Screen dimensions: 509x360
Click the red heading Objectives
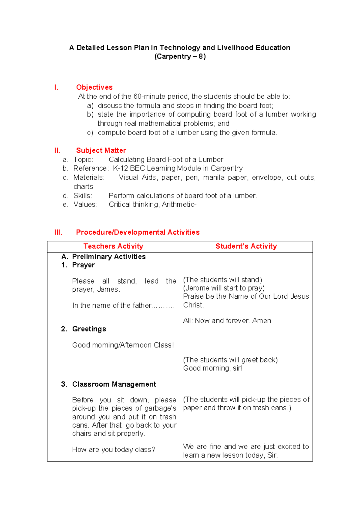(x=94, y=87)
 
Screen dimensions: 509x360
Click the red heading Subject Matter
(x=101, y=150)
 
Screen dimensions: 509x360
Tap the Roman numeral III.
(x=58, y=232)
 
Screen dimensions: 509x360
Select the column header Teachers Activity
(x=113, y=246)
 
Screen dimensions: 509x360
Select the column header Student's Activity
(x=246, y=246)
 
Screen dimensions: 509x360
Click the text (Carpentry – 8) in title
(x=180, y=56)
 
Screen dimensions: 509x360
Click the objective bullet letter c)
(x=90, y=133)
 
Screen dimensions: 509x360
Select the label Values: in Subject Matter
(x=85, y=205)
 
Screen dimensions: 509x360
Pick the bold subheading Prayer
(x=83, y=265)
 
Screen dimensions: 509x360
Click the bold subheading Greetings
(x=89, y=329)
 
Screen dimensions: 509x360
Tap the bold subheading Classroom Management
(x=114, y=384)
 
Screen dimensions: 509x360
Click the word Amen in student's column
(x=262, y=321)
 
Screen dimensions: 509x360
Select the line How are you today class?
(x=114, y=450)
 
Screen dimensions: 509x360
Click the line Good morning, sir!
(x=213, y=368)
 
